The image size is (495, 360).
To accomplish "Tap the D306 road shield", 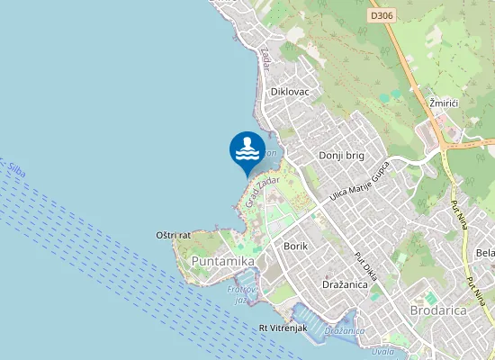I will tap(382, 15).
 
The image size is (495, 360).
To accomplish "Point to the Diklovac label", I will tap(289, 92).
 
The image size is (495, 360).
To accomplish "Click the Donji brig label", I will tap(341, 156).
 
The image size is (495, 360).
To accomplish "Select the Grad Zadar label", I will tap(263, 191).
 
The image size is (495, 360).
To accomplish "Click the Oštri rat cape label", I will tap(173, 235).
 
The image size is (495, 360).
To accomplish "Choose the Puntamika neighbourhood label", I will tap(222, 260).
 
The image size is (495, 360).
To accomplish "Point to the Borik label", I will tap(295, 246).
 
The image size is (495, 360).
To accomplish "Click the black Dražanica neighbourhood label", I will tap(346, 283).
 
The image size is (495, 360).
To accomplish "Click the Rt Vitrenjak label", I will tap(283, 328).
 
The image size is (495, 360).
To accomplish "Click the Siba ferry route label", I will tap(15, 167).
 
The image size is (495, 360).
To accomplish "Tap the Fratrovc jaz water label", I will tap(237, 294).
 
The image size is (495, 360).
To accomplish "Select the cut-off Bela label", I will tap(485, 253).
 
